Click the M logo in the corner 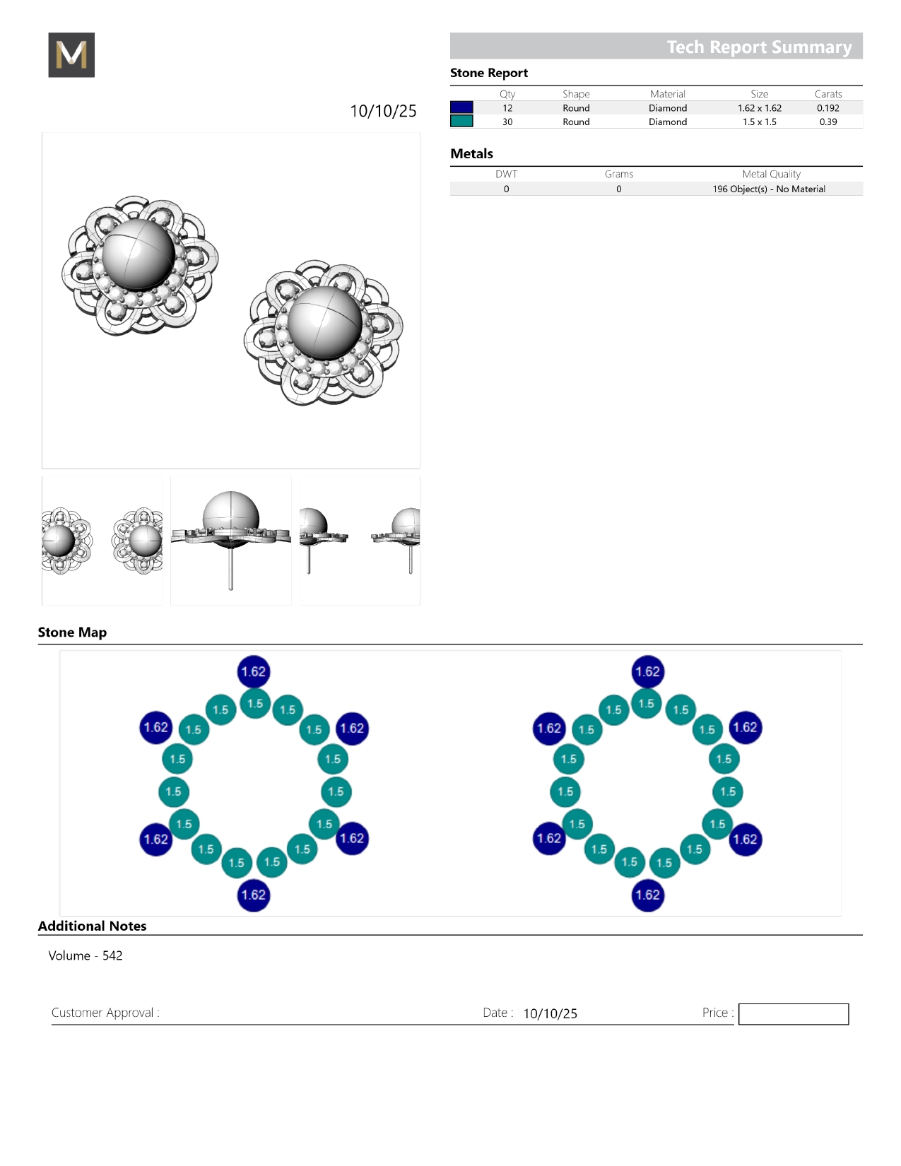click(71, 54)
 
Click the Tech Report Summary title click(759, 47)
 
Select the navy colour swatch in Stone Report click(461, 107)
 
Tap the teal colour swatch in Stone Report click(461, 122)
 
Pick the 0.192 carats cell click(828, 108)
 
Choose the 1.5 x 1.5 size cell click(760, 122)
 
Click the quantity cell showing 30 click(507, 122)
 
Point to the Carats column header click(828, 94)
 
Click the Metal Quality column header click(771, 174)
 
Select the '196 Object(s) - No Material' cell click(768, 189)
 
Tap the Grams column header click(619, 174)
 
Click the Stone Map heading click(73, 632)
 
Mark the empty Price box click(793, 1013)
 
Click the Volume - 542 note click(86, 955)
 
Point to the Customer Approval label click(105, 1013)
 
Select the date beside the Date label click(550, 1013)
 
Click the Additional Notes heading click(92, 926)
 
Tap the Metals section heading click(471, 153)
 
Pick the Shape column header click(576, 94)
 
